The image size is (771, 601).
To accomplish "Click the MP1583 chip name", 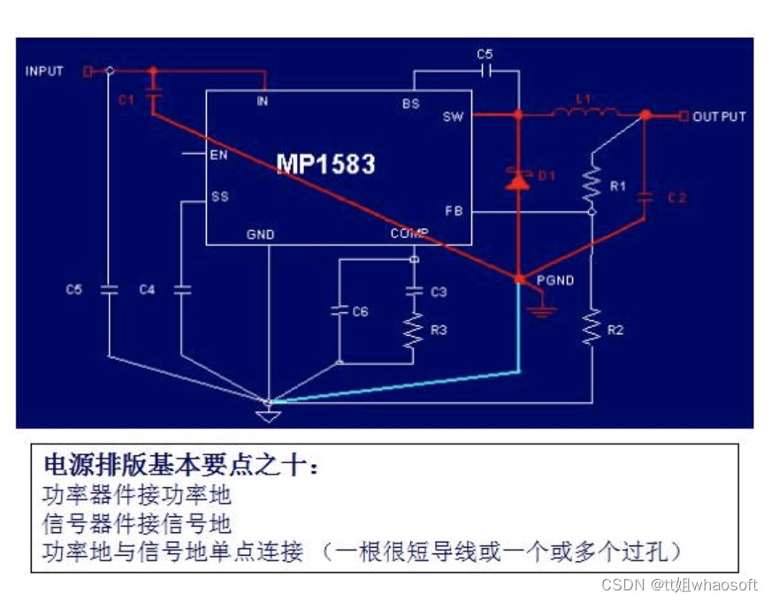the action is tap(325, 164).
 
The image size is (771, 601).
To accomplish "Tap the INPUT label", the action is tap(44, 71).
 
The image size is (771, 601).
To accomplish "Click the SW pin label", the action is tap(453, 116).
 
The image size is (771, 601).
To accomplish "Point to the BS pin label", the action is tap(410, 103).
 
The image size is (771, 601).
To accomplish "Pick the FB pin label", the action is tap(454, 209).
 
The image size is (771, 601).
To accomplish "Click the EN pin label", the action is tap(219, 155).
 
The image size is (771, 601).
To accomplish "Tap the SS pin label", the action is tap(220, 196).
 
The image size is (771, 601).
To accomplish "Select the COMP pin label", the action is tap(409, 233).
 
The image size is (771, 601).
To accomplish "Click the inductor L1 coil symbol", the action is tap(584, 112).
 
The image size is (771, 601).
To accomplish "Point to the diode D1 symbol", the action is tap(518, 181).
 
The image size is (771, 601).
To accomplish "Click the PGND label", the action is tap(555, 280).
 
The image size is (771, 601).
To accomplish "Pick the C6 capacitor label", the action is tap(360, 311).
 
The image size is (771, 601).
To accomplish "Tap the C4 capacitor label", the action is tap(147, 289).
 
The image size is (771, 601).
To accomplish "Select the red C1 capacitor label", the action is tap(126, 100).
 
